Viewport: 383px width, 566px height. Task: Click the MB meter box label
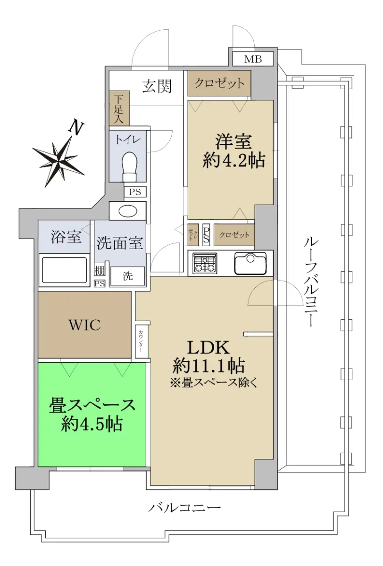point(253,59)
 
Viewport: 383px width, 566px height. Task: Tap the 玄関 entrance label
point(157,86)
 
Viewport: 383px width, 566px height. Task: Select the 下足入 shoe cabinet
point(119,108)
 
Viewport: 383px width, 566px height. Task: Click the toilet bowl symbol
point(129,166)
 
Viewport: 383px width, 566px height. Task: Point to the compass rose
point(58,161)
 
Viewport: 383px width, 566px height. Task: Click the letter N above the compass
point(76,127)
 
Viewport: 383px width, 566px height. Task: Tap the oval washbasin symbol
point(128,210)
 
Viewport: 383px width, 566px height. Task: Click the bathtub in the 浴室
point(64,270)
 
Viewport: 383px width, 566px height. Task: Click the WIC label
point(85,325)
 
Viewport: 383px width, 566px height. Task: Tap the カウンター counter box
point(141,341)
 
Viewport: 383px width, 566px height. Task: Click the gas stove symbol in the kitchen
point(205,263)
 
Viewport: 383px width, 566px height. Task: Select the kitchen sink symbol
point(250,263)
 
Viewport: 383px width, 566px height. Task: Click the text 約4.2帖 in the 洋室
point(233,160)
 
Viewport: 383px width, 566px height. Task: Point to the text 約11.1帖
point(208,366)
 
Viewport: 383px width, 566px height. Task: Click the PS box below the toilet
point(135,192)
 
